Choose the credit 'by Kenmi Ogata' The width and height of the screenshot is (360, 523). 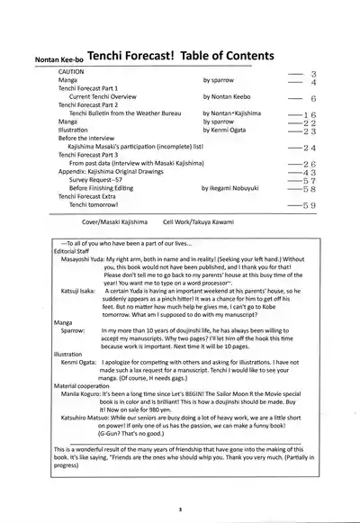[x=226, y=130]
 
